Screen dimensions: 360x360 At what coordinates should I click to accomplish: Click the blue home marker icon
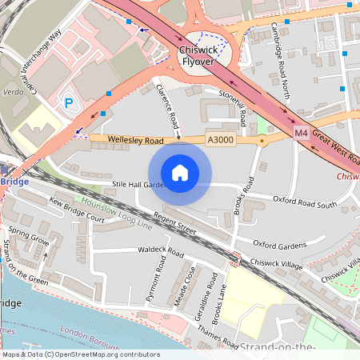point(180,172)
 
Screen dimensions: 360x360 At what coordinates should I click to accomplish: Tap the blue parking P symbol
point(69,102)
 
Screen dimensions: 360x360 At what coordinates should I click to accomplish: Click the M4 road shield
point(300,132)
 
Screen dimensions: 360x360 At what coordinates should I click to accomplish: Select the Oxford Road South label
point(305,201)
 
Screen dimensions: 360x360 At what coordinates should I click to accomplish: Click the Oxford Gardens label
point(281,243)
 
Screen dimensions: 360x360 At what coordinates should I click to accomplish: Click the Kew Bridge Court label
point(77,210)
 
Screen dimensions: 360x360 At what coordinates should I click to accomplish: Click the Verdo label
point(13,90)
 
